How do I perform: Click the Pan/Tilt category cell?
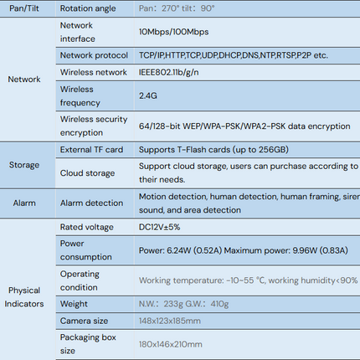[x=24, y=8]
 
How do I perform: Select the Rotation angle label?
[x=88, y=8]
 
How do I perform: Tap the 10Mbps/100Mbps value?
[x=173, y=32]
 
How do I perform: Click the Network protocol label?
[x=94, y=55]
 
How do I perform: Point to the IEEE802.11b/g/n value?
[x=169, y=73]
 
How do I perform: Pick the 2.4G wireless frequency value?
[x=148, y=95]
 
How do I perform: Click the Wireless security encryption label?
[x=94, y=126]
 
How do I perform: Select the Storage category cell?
[x=24, y=165]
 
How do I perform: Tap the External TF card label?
[x=91, y=150]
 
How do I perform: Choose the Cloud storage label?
[x=87, y=173]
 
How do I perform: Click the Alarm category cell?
[x=24, y=203]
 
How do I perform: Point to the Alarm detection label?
[x=91, y=203]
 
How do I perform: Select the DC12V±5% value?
[x=159, y=227]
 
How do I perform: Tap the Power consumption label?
[x=86, y=250]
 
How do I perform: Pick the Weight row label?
[x=74, y=304]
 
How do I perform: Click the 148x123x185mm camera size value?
[x=170, y=321]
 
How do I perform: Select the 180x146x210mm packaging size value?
[x=170, y=344]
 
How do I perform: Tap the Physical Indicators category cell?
[x=24, y=297]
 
